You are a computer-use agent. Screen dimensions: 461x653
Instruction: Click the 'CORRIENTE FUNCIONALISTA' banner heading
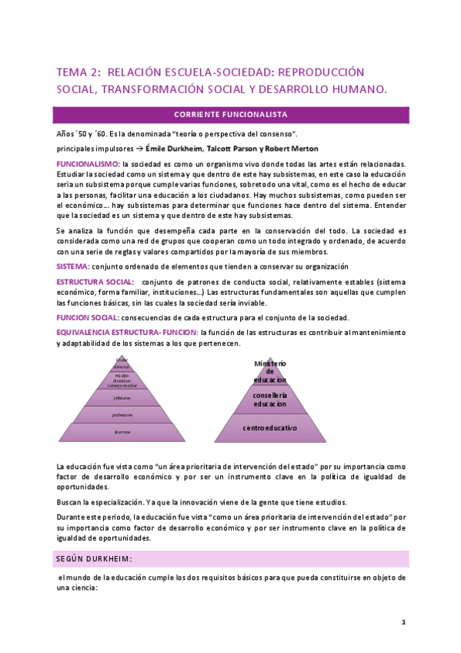coord(230,115)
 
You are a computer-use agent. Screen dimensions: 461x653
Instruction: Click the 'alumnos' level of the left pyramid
coord(122,432)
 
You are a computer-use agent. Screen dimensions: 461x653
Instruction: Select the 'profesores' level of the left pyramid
coord(122,414)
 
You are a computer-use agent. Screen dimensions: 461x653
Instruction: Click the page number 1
coord(403,621)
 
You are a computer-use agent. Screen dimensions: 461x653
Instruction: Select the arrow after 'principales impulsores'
coord(139,149)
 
